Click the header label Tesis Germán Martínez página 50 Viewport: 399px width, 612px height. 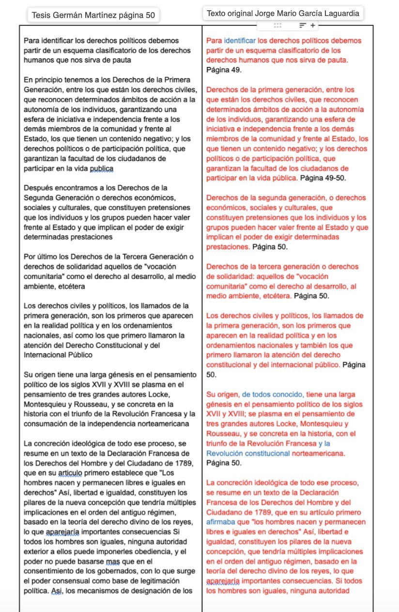point(93,15)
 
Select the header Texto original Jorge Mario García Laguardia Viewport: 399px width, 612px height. point(283,14)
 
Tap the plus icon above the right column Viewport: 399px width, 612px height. point(313,25)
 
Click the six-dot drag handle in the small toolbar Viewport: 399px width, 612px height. point(277,25)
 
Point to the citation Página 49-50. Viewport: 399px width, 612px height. point(324,178)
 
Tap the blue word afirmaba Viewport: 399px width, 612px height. point(220,522)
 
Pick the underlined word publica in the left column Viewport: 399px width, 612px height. point(101,168)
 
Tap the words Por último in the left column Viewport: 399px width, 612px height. point(41,257)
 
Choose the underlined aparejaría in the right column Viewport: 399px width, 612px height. point(223,581)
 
